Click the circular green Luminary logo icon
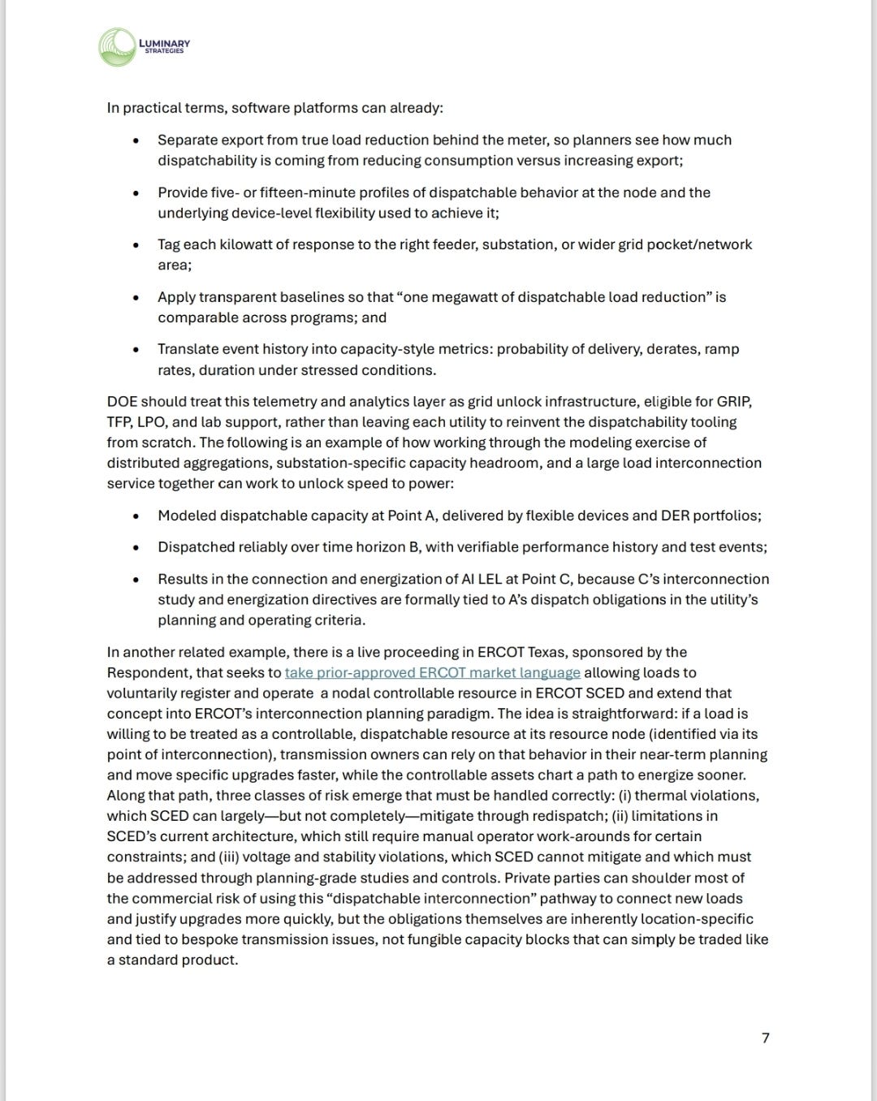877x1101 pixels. (116, 47)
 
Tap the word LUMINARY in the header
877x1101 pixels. (166, 43)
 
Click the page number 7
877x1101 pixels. (765, 1038)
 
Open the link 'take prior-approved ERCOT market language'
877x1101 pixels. (432, 672)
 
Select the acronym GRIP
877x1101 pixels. (738, 401)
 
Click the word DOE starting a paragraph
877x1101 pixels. (122, 401)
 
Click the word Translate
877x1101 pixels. (188, 349)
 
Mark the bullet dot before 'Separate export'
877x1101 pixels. (136, 140)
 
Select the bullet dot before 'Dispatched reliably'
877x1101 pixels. (136, 547)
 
